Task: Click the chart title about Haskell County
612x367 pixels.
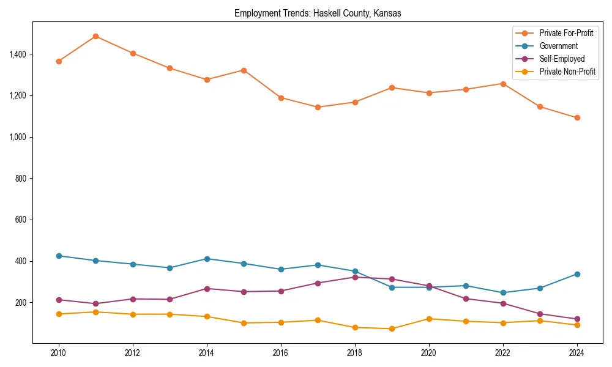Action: [318, 13]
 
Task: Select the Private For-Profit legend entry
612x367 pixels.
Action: [566, 33]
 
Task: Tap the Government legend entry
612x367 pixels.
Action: [558, 46]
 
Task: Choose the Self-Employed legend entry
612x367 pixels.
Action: [562, 59]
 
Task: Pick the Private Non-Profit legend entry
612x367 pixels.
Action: [567, 72]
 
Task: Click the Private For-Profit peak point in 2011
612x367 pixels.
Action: [95, 36]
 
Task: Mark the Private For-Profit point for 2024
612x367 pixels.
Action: [577, 117]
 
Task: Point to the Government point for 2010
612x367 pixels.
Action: [59, 256]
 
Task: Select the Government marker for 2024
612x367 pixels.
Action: [577, 274]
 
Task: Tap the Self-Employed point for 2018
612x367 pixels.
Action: [355, 277]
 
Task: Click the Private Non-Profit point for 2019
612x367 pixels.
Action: [392, 328]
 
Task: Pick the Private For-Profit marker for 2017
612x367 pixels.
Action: [318, 107]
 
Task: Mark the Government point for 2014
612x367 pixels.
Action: [207, 259]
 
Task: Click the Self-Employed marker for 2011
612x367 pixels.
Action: [95, 303]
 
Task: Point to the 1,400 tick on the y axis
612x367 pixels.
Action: [18, 54]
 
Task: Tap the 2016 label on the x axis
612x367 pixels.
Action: [281, 353]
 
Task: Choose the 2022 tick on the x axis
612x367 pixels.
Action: [503, 353]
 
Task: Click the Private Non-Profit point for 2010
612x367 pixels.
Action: [59, 314]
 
